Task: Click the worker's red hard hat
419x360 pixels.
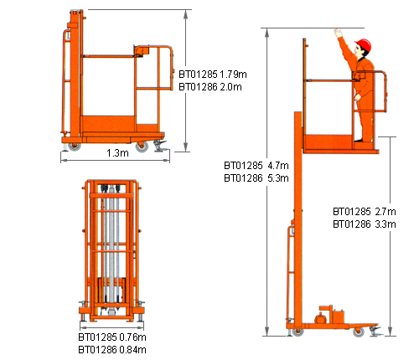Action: [x=364, y=45]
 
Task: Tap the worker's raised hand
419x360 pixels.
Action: [x=338, y=33]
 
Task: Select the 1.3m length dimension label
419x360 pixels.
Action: [x=117, y=153]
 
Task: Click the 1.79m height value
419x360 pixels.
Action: [x=233, y=75]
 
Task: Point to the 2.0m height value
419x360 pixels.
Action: [x=230, y=87]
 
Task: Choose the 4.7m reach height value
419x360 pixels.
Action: [x=278, y=166]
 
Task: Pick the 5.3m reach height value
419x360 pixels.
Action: [x=278, y=178]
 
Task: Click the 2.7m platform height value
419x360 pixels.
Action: [x=385, y=212]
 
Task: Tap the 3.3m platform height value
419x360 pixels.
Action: [x=385, y=224]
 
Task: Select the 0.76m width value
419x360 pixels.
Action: [x=132, y=337]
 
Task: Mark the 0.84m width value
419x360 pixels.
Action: [x=132, y=350]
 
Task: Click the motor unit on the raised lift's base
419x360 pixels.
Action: [x=331, y=315]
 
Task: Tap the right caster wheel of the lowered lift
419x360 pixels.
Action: [x=142, y=147]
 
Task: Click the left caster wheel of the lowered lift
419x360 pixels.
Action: [x=75, y=147]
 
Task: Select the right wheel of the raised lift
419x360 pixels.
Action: [x=358, y=332]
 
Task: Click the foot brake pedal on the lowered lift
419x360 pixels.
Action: [x=160, y=146]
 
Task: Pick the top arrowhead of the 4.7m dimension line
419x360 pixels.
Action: [x=267, y=32]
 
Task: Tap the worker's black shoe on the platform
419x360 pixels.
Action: [x=359, y=141]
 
